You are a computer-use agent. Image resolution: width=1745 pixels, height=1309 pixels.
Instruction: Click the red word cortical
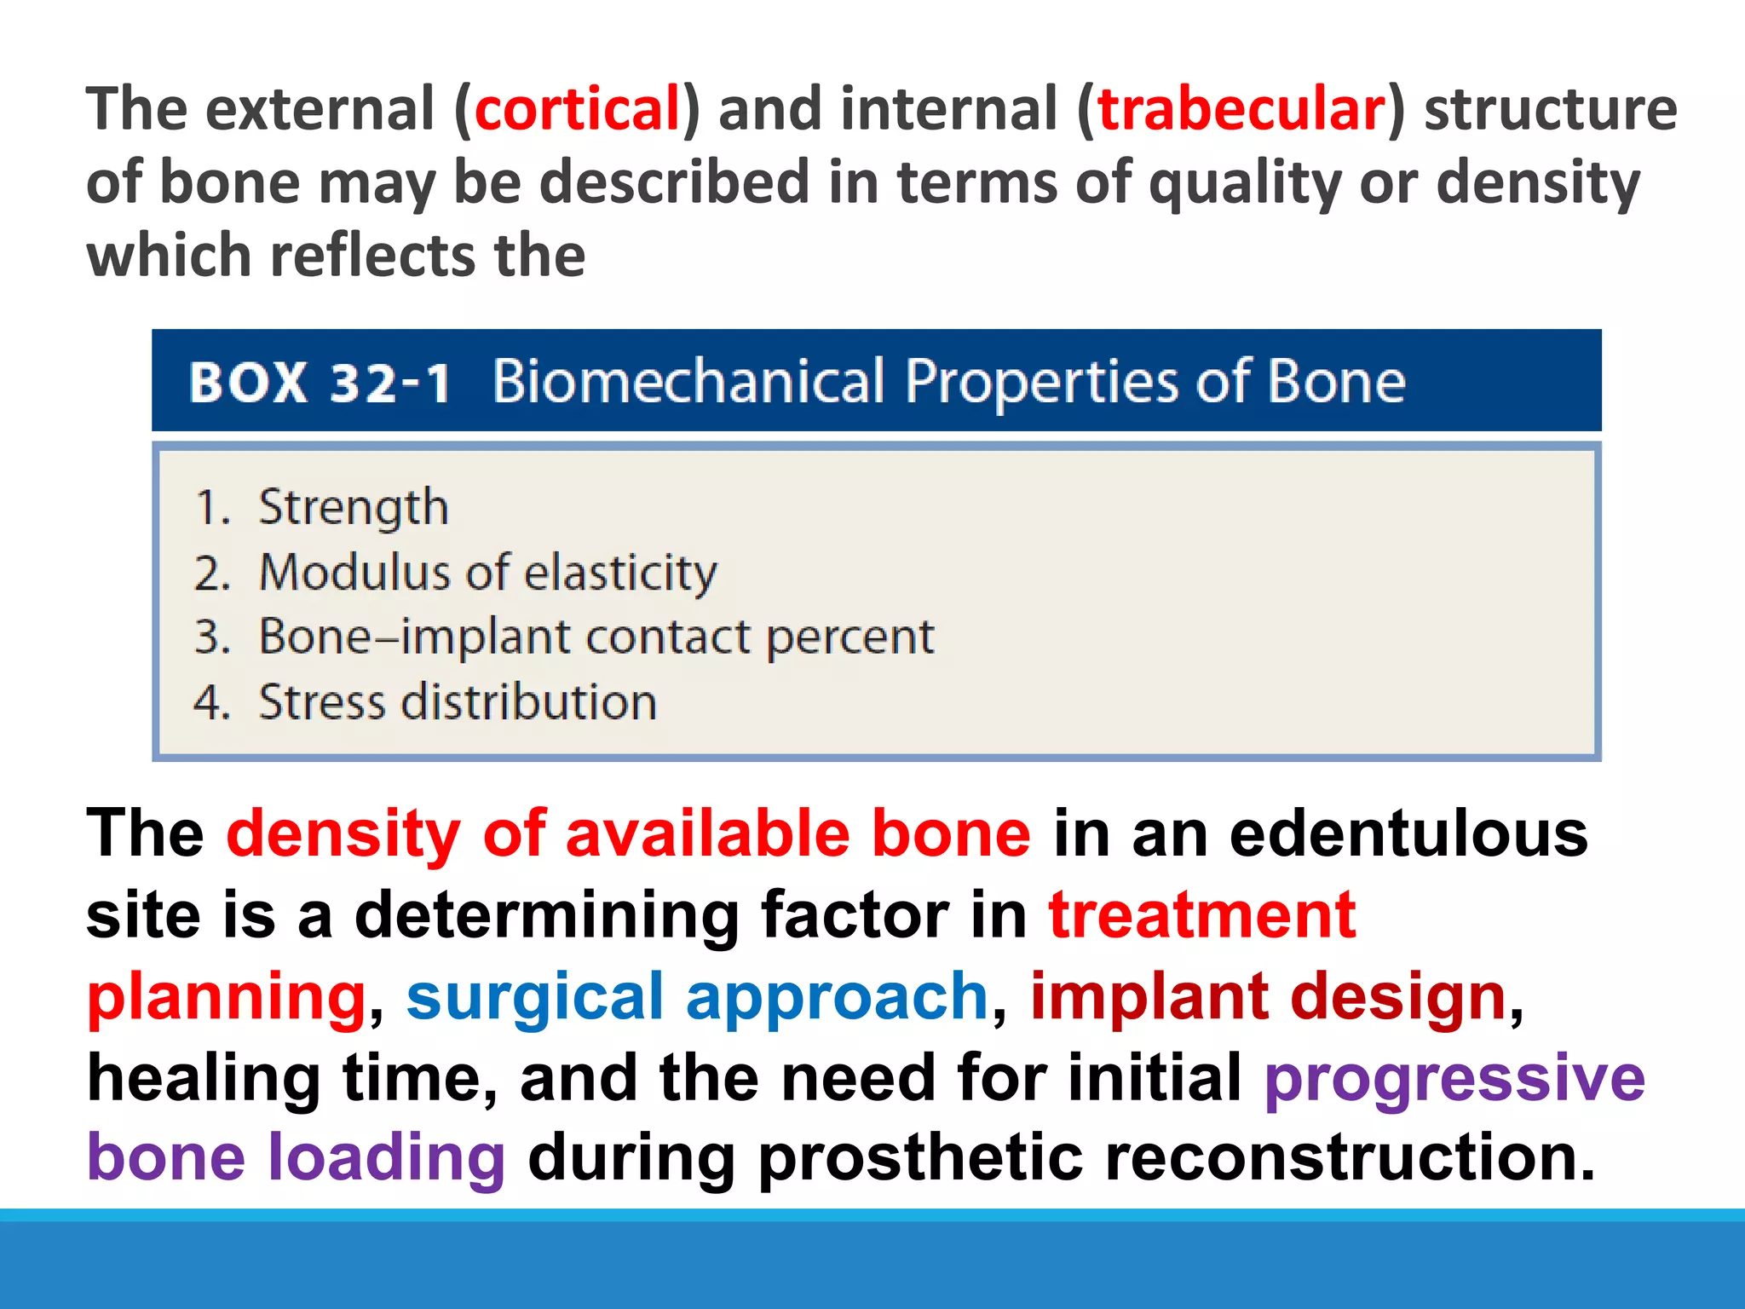(577, 109)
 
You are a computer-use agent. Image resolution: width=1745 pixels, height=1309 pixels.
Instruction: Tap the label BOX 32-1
(320, 383)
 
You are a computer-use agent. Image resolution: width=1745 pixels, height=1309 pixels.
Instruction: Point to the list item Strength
(353, 508)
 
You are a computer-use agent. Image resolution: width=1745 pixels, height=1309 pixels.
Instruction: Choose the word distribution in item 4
(529, 702)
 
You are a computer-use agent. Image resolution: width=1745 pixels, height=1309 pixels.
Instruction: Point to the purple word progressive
(1454, 1078)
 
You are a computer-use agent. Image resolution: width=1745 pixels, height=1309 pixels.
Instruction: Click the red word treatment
(1201, 914)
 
